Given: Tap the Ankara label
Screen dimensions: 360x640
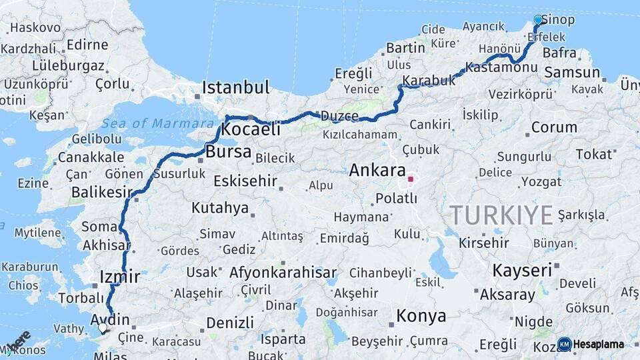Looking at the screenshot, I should pyautogui.click(x=377, y=170).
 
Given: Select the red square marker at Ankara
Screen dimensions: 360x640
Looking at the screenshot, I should pyautogui.click(x=411, y=179).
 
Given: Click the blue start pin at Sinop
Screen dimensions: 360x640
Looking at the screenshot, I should pyautogui.click(x=538, y=20).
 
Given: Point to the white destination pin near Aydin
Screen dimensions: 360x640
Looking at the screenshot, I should pyautogui.click(x=103, y=327).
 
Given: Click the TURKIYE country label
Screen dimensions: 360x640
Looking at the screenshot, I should pyautogui.click(x=501, y=215).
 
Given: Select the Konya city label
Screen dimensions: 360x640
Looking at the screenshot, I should pyautogui.click(x=421, y=315).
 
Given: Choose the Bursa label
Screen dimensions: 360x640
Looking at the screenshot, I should pyautogui.click(x=228, y=152).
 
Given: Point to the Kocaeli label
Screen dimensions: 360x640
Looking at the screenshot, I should pyautogui.click(x=251, y=130).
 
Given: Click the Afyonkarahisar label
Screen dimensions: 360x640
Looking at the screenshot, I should pyautogui.click(x=283, y=273).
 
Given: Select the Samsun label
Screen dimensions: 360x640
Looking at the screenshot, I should pyautogui.click(x=572, y=72).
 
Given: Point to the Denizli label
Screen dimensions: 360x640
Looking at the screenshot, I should pyautogui.click(x=229, y=323).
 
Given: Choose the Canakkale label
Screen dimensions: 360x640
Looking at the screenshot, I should pyautogui.click(x=91, y=157).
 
